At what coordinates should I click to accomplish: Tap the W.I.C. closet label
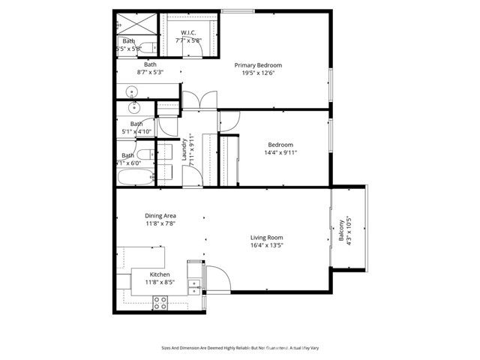188,31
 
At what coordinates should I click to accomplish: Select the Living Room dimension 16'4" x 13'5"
266,245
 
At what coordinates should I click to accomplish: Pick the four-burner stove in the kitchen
160,302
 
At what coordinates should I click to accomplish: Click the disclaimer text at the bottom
239,348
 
